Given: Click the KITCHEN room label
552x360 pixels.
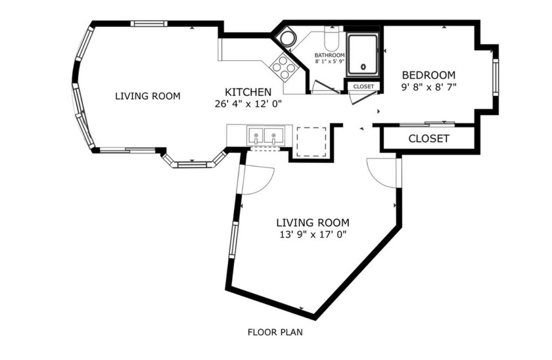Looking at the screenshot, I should pyautogui.click(x=248, y=92).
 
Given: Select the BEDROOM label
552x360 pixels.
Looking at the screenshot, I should pyautogui.click(x=428, y=74).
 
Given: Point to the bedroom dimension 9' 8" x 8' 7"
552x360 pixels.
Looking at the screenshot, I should pyautogui.click(x=428, y=85).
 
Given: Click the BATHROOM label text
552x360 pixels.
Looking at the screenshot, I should pyautogui.click(x=329, y=55).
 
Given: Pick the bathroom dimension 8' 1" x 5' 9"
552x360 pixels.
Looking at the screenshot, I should pyautogui.click(x=329, y=62).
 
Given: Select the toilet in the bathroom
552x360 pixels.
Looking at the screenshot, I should pyautogui.click(x=331, y=35).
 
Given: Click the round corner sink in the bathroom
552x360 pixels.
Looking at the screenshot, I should pyautogui.click(x=287, y=38).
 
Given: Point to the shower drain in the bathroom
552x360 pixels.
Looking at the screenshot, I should pyautogui.click(x=363, y=67).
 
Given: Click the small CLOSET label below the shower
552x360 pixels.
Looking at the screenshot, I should pyautogui.click(x=363, y=87).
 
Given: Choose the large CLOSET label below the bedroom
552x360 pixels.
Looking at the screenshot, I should pyautogui.click(x=428, y=139).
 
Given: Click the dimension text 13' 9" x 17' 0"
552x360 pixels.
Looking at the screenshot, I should pyautogui.click(x=312, y=234).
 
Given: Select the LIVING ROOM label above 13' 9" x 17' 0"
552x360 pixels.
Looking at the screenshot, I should pyautogui.click(x=312, y=223).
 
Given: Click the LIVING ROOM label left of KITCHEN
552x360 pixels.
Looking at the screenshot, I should pyautogui.click(x=147, y=96).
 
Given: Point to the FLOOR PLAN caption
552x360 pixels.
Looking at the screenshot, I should pyautogui.click(x=275, y=332).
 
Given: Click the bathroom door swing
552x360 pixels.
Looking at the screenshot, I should pyautogui.click(x=325, y=87).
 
